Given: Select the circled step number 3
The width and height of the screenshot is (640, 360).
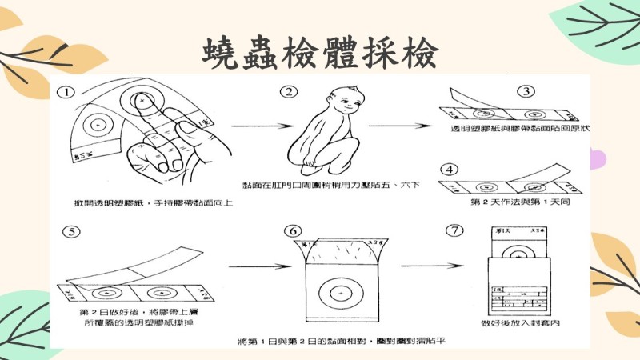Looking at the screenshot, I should pos(526,91).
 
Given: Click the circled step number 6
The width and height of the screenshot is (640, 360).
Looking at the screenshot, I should pos(290,232).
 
